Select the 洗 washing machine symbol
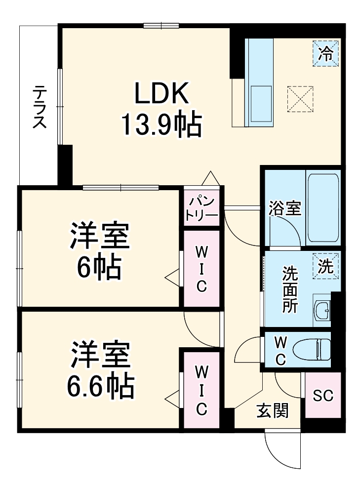click(325, 267)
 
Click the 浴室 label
click(284, 208)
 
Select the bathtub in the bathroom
click(323, 207)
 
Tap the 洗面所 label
click(290, 289)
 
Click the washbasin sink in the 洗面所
click(323, 311)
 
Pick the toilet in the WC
click(312, 350)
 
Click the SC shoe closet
click(323, 395)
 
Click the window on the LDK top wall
click(161, 25)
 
